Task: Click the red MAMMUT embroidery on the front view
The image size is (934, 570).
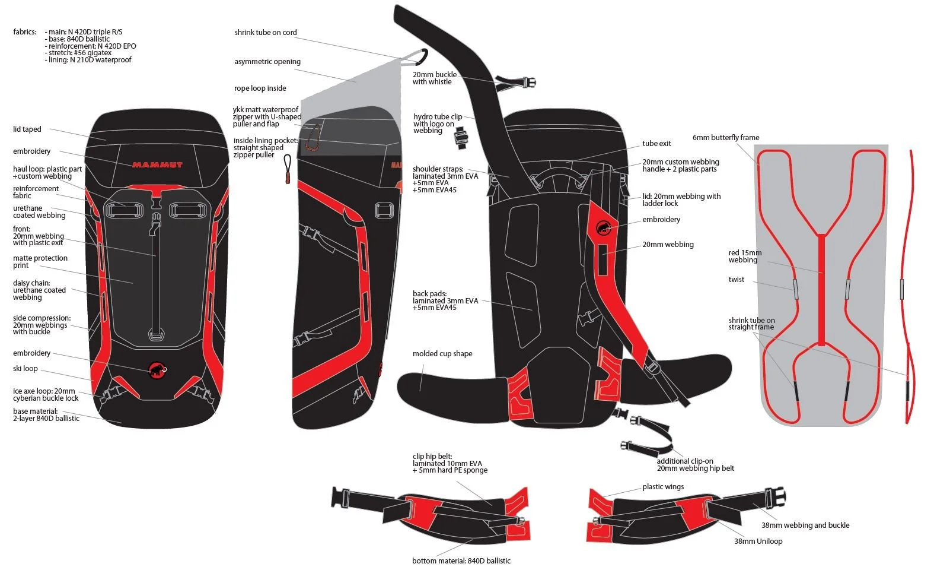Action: coord(157,165)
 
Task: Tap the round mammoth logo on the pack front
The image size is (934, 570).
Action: coord(157,369)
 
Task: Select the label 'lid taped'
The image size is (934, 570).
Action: coord(27,129)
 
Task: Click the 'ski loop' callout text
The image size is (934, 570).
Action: coord(25,369)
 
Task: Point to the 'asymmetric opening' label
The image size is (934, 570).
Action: coord(267,62)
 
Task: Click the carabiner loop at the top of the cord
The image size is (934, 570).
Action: coord(422,56)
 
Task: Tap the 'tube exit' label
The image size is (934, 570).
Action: coord(656,144)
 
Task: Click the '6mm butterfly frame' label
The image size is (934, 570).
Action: coord(726,138)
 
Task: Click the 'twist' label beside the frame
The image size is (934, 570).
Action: coord(737,280)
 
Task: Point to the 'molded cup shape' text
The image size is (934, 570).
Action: coord(442,354)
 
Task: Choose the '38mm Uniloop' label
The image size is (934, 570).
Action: coord(758,541)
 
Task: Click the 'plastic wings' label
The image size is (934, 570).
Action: coord(663,487)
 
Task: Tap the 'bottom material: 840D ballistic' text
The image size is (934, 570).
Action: coord(461,561)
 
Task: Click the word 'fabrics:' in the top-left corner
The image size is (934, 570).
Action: coord(25,32)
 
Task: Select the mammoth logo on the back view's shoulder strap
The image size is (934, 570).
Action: coord(603,227)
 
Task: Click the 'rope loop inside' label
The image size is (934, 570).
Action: coord(260,88)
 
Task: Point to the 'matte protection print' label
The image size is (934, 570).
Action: coord(40,262)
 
